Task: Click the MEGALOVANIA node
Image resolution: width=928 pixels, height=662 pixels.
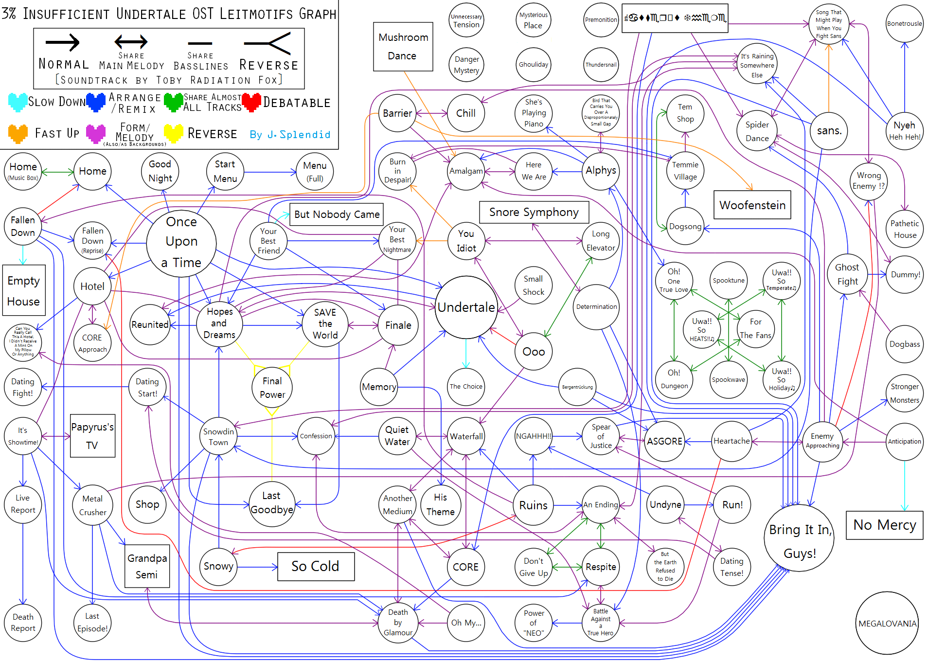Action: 887,623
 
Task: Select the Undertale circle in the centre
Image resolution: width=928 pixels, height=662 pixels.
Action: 466,307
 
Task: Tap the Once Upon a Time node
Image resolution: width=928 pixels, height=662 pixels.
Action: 181,242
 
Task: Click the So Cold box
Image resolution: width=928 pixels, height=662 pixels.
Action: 316,566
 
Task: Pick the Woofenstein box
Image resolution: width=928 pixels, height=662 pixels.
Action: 752,205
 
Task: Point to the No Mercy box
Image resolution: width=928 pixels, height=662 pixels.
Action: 884,525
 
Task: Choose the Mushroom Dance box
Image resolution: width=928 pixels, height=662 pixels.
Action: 403,47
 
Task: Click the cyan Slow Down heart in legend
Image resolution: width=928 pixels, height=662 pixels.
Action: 18,102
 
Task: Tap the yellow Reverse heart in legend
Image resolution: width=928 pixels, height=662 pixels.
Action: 174,133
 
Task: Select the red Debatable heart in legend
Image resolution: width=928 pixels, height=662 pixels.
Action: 251,102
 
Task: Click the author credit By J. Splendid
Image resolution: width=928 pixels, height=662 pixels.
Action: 290,135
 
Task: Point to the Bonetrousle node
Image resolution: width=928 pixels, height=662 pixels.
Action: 904,23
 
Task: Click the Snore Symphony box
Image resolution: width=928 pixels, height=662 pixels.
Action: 534,212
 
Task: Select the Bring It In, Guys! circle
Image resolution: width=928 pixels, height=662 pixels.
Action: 800,540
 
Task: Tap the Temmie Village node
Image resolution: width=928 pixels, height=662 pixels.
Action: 685,171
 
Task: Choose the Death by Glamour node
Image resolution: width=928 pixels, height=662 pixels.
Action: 398,622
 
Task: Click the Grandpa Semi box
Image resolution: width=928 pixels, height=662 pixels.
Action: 147,566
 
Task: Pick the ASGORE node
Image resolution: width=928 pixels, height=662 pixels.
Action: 664,441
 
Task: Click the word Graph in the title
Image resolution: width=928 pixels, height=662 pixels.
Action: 318,14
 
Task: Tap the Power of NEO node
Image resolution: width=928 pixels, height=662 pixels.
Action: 534,623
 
